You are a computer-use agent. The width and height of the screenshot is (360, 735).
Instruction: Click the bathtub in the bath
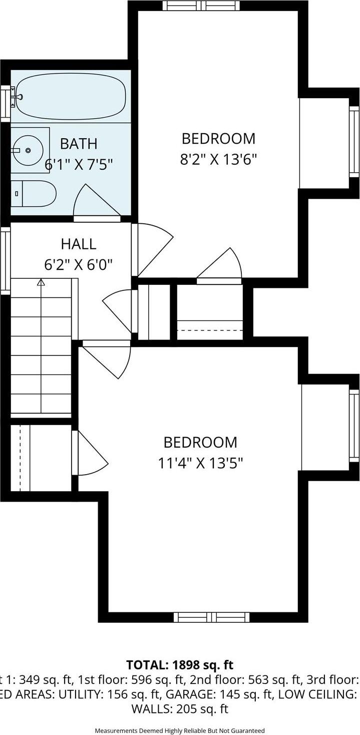(x=70, y=96)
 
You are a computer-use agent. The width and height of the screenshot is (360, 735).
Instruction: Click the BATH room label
(x=79, y=144)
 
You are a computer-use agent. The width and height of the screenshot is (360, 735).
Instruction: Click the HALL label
(x=79, y=244)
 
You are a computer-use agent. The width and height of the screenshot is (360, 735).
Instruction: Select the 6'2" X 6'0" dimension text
(x=79, y=264)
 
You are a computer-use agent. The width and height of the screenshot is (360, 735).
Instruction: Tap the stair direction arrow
(x=41, y=283)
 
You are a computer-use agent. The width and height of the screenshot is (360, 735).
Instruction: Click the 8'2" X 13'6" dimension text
(x=218, y=159)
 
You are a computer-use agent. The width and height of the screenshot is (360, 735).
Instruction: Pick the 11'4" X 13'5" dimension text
(x=201, y=463)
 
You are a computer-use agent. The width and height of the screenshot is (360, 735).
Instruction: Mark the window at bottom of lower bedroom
(x=211, y=617)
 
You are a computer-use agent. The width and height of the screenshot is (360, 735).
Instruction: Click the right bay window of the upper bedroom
(x=354, y=141)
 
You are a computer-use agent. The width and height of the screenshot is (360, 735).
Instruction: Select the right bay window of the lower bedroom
(x=354, y=426)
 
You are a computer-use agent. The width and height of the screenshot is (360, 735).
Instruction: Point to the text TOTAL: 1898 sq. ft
(x=180, y=665)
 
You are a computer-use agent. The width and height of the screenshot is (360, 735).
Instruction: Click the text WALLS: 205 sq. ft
(x=180, y=709)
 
